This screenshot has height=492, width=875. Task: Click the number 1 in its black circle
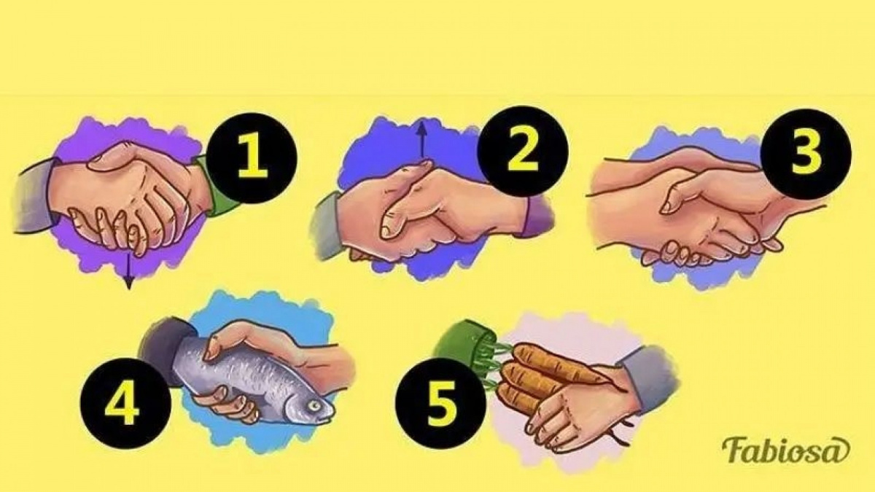click(x=252, y=158)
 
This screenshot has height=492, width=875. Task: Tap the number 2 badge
click(x=522, y=150)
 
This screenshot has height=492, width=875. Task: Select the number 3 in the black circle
click(x=806, y=154)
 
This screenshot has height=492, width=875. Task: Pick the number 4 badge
click(x=125, y=404)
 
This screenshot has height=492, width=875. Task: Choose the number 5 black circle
click(x=440, y=403)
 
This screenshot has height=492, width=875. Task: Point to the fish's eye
click(x=314, y=407)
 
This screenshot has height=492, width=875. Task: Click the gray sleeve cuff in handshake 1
click(x=34, y=198)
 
